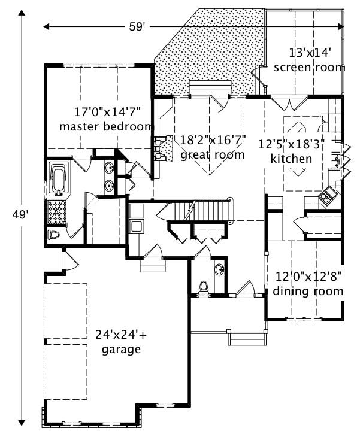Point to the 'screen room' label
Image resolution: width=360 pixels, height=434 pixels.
(x=309, y=68)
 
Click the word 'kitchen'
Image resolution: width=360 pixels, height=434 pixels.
(x=292, y=159)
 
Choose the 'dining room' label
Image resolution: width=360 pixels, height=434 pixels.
(x=308, y=292)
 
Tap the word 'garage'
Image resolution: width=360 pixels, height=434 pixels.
(x=121, y=349)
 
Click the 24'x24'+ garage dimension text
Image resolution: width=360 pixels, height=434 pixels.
(x=121, y=335)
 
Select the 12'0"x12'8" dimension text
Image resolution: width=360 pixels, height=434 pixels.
(x=308, y=277)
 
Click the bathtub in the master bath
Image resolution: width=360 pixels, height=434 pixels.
(x=58, y=178)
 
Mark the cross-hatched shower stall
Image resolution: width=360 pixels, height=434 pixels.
(x=58, y=211)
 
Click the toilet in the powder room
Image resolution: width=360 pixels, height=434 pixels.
(x=202, y=287)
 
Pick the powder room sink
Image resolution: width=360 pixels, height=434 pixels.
(x=219, y=270)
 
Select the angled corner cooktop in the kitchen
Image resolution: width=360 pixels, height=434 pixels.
(x=328, y=196)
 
